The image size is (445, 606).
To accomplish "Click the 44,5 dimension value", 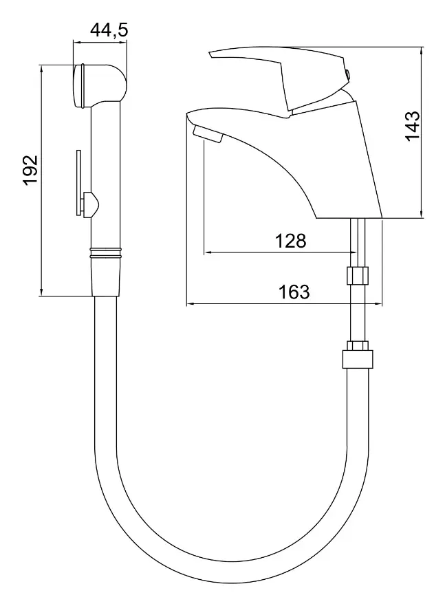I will (x=109, y=30).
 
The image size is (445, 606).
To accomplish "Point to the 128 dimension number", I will (x=291, y=241).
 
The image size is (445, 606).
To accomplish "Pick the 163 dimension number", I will (x=294, y=292).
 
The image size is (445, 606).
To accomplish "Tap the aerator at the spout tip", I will (x=209, y=135).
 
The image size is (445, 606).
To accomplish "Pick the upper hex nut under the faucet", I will (x=358, y=276).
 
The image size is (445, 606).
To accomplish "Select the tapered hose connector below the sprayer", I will (x=107, y=279).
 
